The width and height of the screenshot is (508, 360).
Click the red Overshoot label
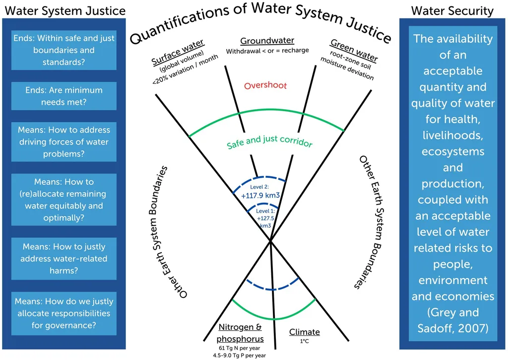coord(265,85)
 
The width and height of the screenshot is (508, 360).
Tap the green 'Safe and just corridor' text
coord(269,142)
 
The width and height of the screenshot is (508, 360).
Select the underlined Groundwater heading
coord(267,41)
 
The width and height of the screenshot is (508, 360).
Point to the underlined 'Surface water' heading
coord(178,52)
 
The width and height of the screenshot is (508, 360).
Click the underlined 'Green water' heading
coord(354,50)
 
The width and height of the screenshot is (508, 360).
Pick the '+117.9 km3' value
coord(260,196)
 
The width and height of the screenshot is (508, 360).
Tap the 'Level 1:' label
coord(265,211)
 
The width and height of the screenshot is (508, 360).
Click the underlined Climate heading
coord(305,332)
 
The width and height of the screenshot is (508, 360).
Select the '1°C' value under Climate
coord(305,341)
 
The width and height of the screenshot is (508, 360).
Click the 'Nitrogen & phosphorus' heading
coord(240,333)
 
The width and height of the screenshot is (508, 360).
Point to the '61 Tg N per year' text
coord(240,348)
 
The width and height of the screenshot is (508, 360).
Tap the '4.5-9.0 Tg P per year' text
coord(240,356)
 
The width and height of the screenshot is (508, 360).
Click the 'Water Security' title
coord(452,11)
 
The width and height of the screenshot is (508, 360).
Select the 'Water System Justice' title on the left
coord(65,11)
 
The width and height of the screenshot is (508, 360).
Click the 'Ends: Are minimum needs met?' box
coord(64,96)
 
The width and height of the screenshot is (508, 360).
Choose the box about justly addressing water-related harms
coord(64,259)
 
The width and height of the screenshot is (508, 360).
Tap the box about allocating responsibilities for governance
coord(64,313)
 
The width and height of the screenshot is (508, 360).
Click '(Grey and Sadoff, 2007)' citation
coord(453,320)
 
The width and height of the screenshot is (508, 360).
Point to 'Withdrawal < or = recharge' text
coord(267,51)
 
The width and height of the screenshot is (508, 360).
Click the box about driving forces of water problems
coord(64,142)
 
